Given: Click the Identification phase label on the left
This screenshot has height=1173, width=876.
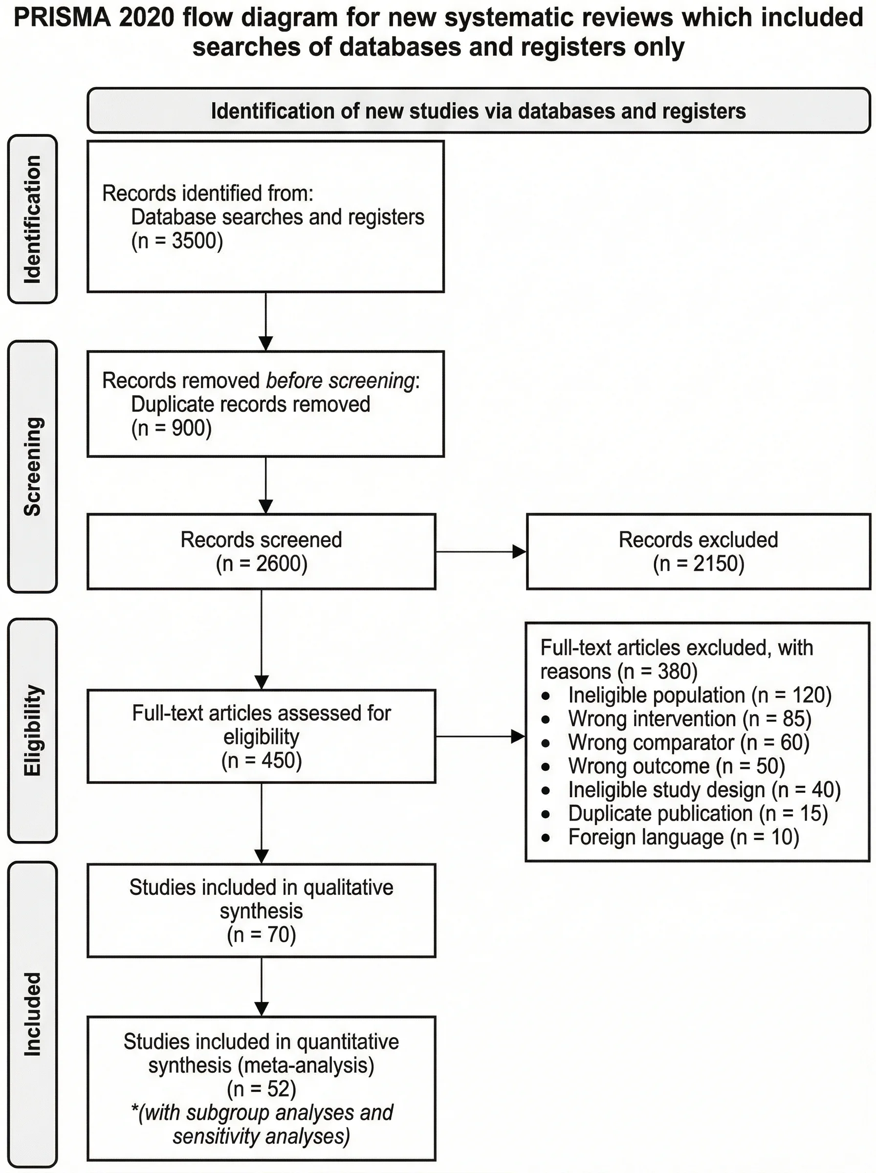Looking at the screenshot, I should point(32,219).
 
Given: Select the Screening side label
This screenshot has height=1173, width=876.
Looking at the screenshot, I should point(32,466).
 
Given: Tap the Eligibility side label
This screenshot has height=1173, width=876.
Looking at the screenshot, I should point(32,730).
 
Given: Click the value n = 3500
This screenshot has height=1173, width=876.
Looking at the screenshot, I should point(177,240).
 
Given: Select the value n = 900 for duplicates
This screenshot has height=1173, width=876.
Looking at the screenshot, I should point(171,428).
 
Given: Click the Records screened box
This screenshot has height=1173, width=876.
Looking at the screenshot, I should point(262,551).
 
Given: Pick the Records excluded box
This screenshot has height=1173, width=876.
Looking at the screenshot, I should point(698,551).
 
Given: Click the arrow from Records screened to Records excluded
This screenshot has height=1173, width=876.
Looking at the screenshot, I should point(481,552).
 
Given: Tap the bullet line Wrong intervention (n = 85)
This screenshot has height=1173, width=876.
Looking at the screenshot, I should point(689,719).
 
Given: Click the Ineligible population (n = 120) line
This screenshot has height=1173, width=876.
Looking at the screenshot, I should point(700,695).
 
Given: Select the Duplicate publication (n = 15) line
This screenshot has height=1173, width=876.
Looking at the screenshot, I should point(697,813).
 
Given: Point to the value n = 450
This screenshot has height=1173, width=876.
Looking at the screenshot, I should point(262,760).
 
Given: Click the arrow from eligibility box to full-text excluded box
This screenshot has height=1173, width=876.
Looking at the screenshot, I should point(480,736).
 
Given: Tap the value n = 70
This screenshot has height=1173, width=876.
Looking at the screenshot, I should point(262,934).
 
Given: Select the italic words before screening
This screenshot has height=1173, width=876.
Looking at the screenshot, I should point(340,381).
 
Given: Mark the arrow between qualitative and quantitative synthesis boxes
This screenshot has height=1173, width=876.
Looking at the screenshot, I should point(262,986).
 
